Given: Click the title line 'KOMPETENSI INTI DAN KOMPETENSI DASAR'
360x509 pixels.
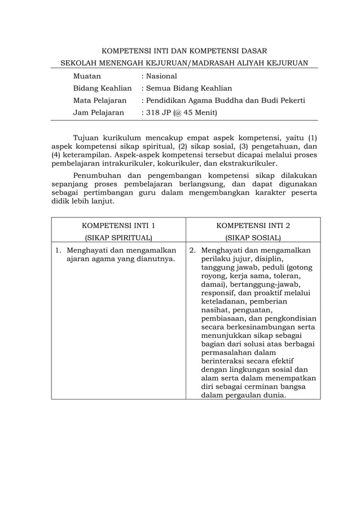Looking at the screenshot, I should [x=179, y=51].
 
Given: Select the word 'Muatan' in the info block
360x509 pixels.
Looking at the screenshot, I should [x=87, y=76].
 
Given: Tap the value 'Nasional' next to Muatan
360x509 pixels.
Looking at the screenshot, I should [x=161, y=76].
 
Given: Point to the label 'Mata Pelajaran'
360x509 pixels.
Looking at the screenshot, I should [x=100, y=100].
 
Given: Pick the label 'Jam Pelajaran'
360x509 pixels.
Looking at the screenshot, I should [x=99, y=113].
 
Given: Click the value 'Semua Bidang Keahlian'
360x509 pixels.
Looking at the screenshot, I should [x=189, y=88].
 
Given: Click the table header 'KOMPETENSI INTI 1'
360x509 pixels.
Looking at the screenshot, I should [x=118, y=225].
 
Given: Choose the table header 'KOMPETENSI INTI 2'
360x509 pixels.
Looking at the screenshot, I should [x=253, y=225].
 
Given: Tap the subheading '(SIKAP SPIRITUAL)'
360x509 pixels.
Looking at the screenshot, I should [x=118, y=238].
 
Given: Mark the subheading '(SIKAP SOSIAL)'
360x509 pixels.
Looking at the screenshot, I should [x=253, y=238].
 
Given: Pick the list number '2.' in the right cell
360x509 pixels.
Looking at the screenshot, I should [x=192, y=250].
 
